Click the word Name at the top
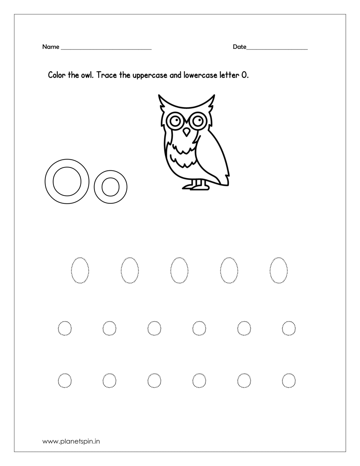point(50,47)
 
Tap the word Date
point(239,47)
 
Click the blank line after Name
point(106,48)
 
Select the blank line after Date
point(277,48)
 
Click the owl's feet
point(196,186)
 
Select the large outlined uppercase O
point(67,181)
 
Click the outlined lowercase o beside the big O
point(110,187)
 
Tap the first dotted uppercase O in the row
point(80,270)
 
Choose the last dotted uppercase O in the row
point(278,270)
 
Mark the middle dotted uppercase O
point(179,270)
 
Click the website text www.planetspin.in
point(71,441)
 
